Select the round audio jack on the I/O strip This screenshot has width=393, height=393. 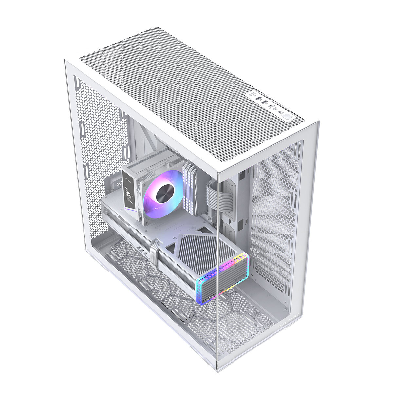[280, 112]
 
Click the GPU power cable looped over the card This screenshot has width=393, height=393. [155, 252]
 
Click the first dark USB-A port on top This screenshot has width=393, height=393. [258, 98]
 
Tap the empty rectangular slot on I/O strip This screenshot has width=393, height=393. [252, 94]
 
